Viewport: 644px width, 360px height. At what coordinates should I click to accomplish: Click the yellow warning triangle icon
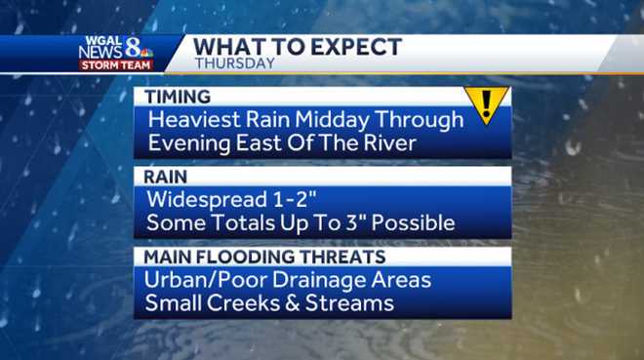(x=485, y=105)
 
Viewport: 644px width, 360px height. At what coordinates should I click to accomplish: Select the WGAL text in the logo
(x=100, y=41)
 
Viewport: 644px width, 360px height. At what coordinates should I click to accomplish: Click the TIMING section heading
(x=178, y=98)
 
